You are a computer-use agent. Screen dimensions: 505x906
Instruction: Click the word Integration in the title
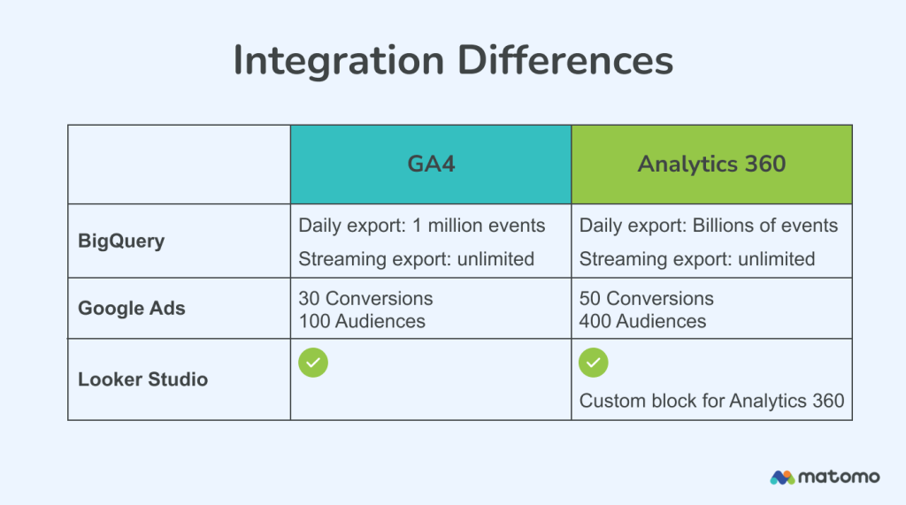pos(338,62)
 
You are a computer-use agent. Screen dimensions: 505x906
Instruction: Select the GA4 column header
pos(430,165)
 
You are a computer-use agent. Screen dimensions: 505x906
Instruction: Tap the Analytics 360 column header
pos(711,165)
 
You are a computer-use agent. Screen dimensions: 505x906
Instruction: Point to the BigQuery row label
pos(121,241)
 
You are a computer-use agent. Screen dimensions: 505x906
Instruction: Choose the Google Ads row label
pos(133,309)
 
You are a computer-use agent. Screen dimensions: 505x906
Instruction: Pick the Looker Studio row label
pos(142,379)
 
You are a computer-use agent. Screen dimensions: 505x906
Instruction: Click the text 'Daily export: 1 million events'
pos(421,226)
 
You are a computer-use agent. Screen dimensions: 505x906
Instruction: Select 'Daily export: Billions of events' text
pos(708,226)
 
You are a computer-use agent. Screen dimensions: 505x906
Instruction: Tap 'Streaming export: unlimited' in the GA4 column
pos(416,259)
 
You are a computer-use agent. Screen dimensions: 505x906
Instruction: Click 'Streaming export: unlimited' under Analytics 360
pos(696,259)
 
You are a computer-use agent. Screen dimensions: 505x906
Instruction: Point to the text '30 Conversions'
pos(365,298)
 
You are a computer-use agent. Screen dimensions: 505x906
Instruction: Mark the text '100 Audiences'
pos(362,321)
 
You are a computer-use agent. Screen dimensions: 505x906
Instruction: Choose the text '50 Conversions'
pos(646,298)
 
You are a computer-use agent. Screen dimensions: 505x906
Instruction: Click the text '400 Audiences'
pos(642,321)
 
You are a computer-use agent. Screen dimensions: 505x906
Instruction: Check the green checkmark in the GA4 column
pos(313,363)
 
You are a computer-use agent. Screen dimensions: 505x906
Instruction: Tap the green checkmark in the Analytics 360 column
pos(594,363)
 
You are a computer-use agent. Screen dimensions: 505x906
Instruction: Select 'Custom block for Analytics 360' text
pos(711,401)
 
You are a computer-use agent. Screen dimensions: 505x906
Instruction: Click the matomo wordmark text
pos(839,477)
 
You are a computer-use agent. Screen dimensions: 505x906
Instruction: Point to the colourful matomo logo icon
pos(781,477)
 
